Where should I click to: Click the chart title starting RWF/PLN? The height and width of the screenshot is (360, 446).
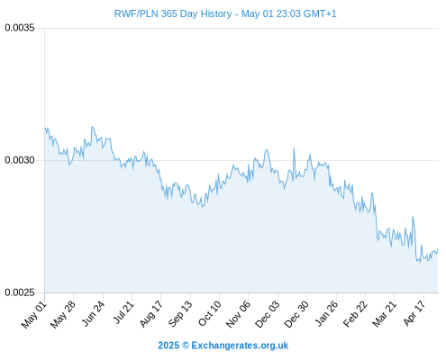click(225, 13)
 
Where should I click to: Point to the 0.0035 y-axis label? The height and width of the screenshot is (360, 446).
click(20, 28)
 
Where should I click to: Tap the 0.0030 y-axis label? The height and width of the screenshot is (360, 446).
click(20, 160)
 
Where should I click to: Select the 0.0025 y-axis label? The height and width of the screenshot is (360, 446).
click(20, 292)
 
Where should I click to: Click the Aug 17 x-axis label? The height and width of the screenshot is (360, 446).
click(151, 314)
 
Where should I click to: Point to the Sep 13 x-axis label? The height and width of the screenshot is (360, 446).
click(180, 314)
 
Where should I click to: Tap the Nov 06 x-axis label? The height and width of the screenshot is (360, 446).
click(238, 314)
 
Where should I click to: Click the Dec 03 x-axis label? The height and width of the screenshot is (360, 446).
click(268, 314)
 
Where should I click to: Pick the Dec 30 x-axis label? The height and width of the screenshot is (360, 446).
click(296, 314)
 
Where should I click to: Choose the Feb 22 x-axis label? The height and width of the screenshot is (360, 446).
click(355, 314)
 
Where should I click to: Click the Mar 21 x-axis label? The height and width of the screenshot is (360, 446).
click(385, 314)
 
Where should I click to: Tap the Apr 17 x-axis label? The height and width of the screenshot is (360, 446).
click(414, 313)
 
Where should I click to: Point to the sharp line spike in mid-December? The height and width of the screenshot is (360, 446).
click(294, 148)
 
